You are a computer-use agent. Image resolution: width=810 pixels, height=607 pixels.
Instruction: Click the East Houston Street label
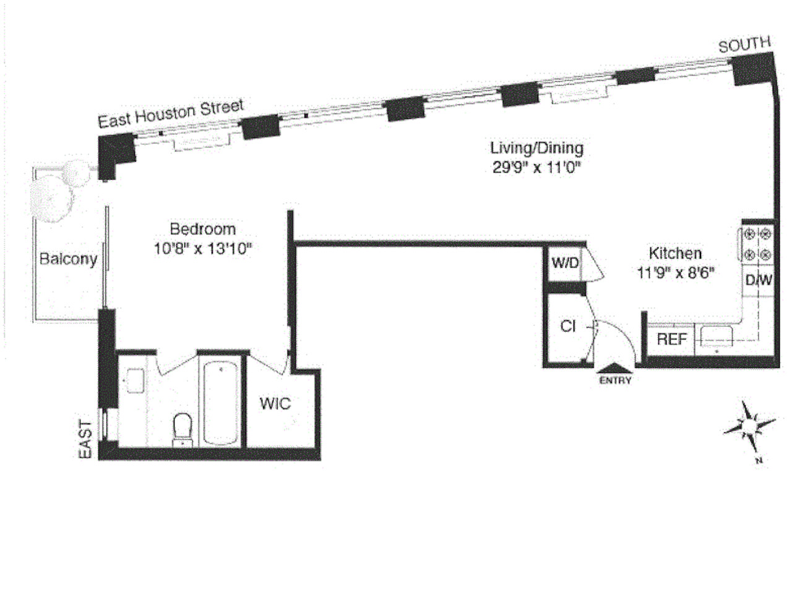click(171, 113)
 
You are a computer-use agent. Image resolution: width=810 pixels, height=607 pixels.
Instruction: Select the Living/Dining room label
click(536, 148)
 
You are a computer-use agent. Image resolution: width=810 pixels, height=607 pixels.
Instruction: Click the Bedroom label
click(202, 229)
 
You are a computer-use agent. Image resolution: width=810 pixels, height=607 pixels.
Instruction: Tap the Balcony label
click(68, 259)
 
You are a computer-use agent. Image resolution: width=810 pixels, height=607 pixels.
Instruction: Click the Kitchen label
click(675, 253)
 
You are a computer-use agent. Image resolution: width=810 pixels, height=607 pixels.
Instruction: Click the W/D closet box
click(565, 263)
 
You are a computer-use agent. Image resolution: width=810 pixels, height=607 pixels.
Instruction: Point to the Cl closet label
click(568, 326)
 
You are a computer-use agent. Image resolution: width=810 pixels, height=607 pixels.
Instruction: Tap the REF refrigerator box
click(672, 339)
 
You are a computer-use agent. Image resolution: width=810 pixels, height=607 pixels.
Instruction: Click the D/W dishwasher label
click(759, 281)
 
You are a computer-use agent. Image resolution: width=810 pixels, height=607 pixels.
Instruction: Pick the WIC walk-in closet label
click(275, 404)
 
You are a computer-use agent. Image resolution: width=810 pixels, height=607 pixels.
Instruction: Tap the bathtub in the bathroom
click(220, 403)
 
